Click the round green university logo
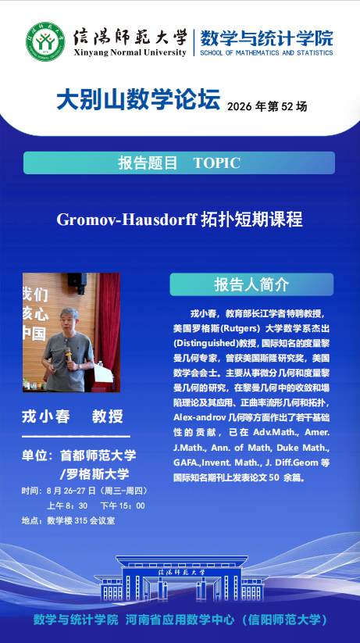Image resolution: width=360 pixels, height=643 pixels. point(45,41)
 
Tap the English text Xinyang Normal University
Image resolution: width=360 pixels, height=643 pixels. point(130,52)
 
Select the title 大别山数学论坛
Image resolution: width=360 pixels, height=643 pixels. point(138,100)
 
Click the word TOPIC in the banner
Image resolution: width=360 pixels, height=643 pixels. point(216,163)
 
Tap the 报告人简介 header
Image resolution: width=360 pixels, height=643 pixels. point(251,284)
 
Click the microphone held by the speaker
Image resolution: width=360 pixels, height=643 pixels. point(68,356)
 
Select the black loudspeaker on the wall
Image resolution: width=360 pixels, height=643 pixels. point(77,280)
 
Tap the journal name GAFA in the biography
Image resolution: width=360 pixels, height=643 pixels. point(184,463)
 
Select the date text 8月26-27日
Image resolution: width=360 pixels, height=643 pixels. point(71,491)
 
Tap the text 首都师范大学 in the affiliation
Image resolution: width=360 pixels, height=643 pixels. point(98,455)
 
